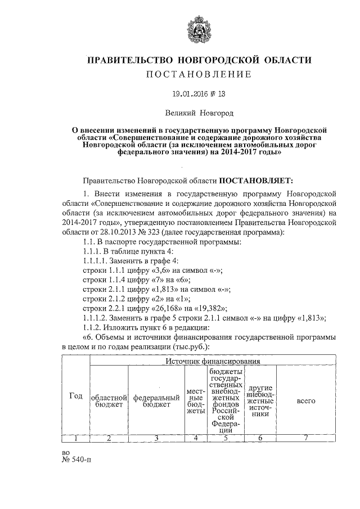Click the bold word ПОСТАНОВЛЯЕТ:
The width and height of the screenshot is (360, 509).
pos(256,181)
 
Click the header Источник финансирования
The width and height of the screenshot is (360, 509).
pos(213,360)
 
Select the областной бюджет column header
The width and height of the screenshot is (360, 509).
pos(109,400)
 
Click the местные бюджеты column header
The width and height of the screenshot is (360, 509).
pos(195,400)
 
